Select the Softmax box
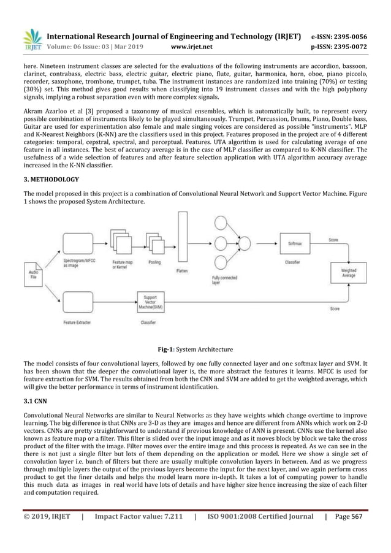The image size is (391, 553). pos(294,243)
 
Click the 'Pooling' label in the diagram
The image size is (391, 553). pos(156,261)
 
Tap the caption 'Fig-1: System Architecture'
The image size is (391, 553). pos(195,349)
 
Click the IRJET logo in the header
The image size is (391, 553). pos(32,40)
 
